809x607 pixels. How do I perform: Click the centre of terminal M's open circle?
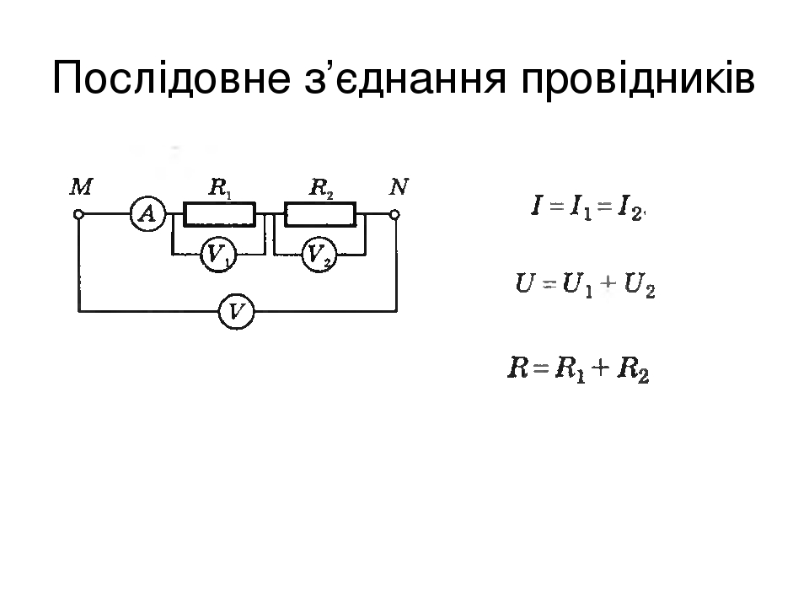[x=78, y=213]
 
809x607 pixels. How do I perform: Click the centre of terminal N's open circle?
[x=394, y=214]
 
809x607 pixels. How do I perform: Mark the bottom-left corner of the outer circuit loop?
[x=79, y=311]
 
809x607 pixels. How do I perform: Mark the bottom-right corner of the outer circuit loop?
[x=397, y=311]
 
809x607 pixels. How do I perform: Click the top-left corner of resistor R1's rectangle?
[x=185, y=203]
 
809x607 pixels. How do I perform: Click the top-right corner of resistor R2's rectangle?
[x=356, y=203]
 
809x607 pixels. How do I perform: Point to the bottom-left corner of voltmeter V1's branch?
[x=172, y=255]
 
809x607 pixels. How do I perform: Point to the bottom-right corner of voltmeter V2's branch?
[x=365, y=255]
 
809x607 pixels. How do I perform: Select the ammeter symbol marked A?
[x=148, y=213]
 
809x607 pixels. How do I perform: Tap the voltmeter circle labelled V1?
[x=218, y=255]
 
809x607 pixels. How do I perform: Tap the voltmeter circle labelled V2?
[x=319, y=255]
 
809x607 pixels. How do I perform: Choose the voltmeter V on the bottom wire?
[x=236, y=312]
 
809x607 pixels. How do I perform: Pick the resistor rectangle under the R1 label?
[x=220, y=214]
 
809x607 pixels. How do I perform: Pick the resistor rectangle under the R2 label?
[x=320, y=214]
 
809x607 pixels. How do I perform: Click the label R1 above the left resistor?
[x=220, y=188]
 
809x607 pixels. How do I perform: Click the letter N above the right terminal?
[x=399, y=187]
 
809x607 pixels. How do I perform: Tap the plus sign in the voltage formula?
[x=608, y=283]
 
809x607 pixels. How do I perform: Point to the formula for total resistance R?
[x=578, y=368]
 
